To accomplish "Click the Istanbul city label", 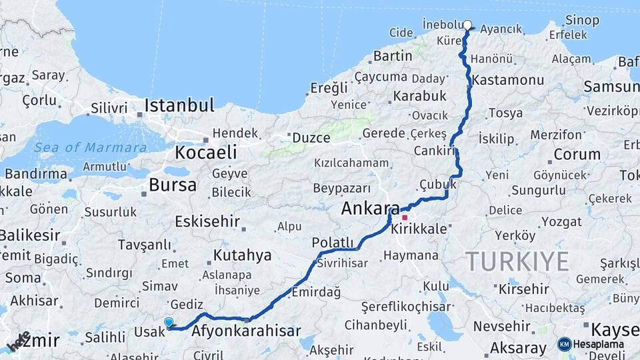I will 179,105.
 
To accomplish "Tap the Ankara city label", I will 370,208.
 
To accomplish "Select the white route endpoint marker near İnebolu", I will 467,25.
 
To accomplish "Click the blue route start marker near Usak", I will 169,322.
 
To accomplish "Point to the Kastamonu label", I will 508,80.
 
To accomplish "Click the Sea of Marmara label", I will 91,147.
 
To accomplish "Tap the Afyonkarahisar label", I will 246,331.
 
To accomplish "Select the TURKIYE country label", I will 517,261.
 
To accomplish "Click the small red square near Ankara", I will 405,217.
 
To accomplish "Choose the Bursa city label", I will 173,185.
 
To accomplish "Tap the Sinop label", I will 582,21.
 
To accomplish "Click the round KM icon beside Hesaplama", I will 565,344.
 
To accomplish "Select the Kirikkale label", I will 419,229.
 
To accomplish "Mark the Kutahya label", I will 242,255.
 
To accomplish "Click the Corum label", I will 577,155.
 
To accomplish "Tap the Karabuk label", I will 419,96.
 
